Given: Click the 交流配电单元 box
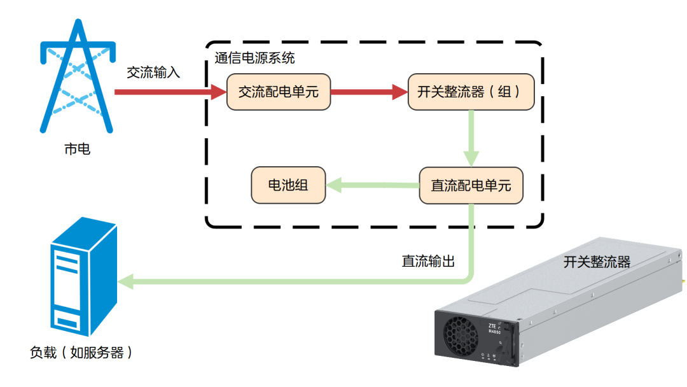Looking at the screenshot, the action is pyautogui.click(x=278, y=92).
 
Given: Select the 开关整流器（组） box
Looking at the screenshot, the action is pyautogui.click(x=471, y=92).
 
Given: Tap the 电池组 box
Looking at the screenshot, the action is pyautogui.click(x=288, y=185).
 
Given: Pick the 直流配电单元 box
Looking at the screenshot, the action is pyautogui.click(x=471, y=185).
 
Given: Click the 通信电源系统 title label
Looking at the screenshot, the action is pyautogui.click(x=254, y=58).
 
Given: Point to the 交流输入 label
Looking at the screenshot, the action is pyautogui.click(x=153, y=73).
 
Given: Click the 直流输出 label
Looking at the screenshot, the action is pyautogui.click(x=428, y=261).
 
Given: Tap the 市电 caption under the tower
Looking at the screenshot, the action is pyautogui.click(x=77, y=149).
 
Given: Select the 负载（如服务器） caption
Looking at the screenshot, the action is pyautogui.click(x=81, y=353).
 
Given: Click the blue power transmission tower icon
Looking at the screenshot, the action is pyautogui.click(x=78, y=76).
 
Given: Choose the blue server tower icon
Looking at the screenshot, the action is pyautogui.click(x=84, y=276).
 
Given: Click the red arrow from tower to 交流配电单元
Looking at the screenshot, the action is pyautogui.click(x=170, y=92).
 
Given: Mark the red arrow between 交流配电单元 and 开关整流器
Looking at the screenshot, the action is pyautogui.click(x=369, y=92).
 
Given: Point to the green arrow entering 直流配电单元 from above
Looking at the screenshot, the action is pyautogui.click(x=471, y=139).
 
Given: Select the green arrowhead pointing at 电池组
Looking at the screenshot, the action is pyautogui.click(x=334, y=185).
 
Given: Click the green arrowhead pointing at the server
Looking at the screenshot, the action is pyautogui.click(x=126, y=281).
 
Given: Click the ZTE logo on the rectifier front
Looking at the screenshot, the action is pyautogui.click(x=492, y=326).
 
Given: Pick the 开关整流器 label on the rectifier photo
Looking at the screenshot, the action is pyautogui.click(x=597, y=262).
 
